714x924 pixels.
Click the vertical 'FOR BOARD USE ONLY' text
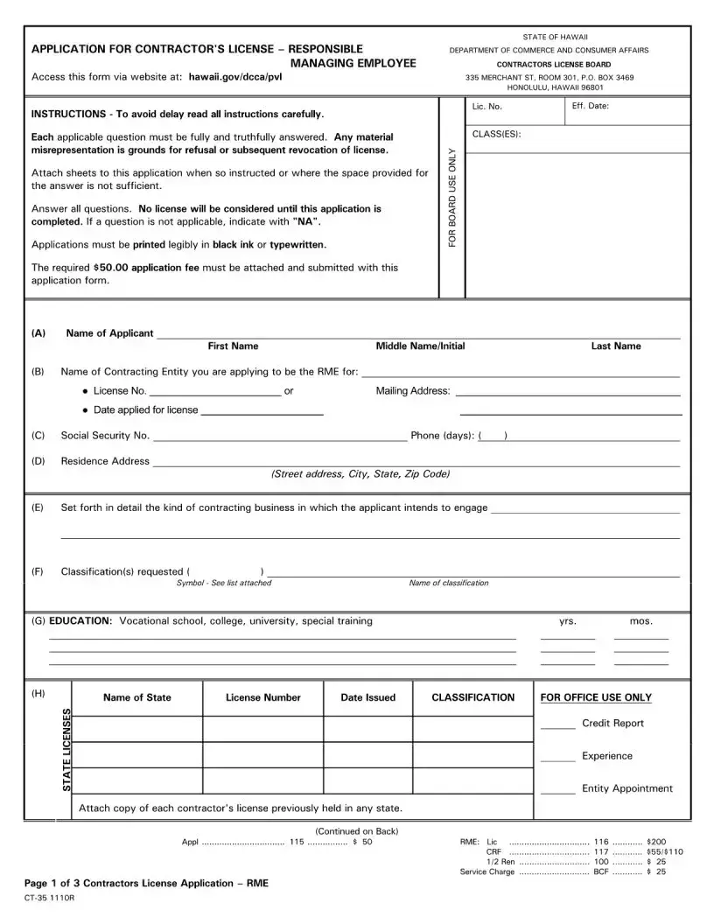point(452,197)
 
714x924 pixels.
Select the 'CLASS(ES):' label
point(496,134)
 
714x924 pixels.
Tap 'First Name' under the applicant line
point(233,346)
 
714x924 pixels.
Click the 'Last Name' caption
point(616,346)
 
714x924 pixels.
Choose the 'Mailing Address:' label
point(413,391)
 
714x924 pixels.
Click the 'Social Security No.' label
point(105,435)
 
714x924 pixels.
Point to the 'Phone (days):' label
point(442,435)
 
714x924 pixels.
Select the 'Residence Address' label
point(105,461)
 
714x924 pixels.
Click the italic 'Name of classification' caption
point(449,583)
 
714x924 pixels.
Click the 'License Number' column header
point(262,697)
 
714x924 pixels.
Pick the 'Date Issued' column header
point(367,697)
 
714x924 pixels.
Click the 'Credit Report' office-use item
point(612,724)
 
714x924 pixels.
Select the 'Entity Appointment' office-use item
point(627,788)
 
